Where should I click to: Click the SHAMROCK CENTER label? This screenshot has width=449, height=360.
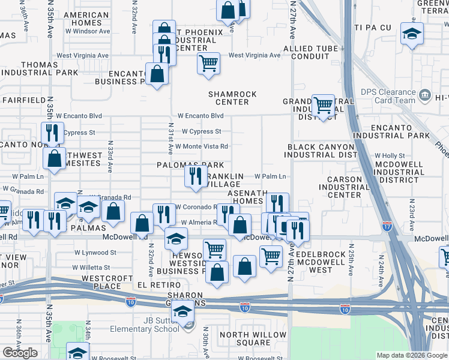tap(232, 98)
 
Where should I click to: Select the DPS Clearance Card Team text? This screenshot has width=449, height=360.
tap(388, 96)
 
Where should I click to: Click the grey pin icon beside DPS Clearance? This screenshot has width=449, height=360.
tap(425, 94)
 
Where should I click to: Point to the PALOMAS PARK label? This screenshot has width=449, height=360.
tap(190, 165)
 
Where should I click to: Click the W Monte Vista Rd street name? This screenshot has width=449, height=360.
tap(202, 146)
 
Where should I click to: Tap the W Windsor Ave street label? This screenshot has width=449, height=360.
tap(83, 31)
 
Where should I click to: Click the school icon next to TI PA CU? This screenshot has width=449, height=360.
tap(412, 34)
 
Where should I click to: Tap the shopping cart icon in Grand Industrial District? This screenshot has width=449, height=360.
tap(324, 106)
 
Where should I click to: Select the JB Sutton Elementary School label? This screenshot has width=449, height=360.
tap(145, 325)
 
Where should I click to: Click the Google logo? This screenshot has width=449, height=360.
tap(19, 353)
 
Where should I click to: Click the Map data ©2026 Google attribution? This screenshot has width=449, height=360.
tap(411, 355)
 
